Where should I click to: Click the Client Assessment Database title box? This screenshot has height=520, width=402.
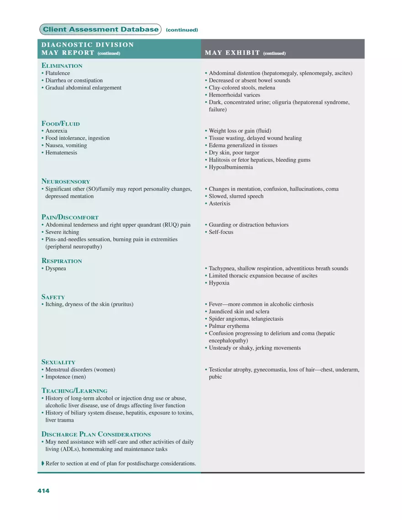(x=100, y=30)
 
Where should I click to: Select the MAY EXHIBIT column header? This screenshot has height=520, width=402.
(x=233, y=53)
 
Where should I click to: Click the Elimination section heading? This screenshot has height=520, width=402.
(x=62, y=66)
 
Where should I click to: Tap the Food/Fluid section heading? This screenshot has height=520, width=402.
(x=61, y=123)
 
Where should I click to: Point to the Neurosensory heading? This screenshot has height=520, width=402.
(x=66, y=181)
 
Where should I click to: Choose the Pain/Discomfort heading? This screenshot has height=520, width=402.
(x=70, y=218)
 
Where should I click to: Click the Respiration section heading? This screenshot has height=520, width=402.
(x=62, y=261)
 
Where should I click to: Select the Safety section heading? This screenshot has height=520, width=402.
(x=53, y=297)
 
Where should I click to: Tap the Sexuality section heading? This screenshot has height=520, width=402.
(x=58, y=362)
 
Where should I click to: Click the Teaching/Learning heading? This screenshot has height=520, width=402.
(x=74, y=391)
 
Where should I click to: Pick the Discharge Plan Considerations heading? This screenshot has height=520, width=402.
(x=96, y=434)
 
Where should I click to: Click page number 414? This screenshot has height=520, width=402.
(x=43, y=491)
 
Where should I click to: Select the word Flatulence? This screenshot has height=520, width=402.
(x=58, y=73)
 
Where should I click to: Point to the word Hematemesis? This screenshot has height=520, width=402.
(x=61, y=153)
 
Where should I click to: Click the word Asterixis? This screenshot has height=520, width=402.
(x=219, y=203)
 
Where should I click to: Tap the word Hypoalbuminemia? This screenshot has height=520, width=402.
(x=231, y=167)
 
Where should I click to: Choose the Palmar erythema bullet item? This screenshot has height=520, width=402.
(x=228, y=326)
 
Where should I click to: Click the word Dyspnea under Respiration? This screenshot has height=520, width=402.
(x=56, y=268)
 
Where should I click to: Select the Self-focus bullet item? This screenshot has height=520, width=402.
(x=221, y=232)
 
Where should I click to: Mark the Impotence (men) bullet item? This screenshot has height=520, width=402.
(x=65, y=377)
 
